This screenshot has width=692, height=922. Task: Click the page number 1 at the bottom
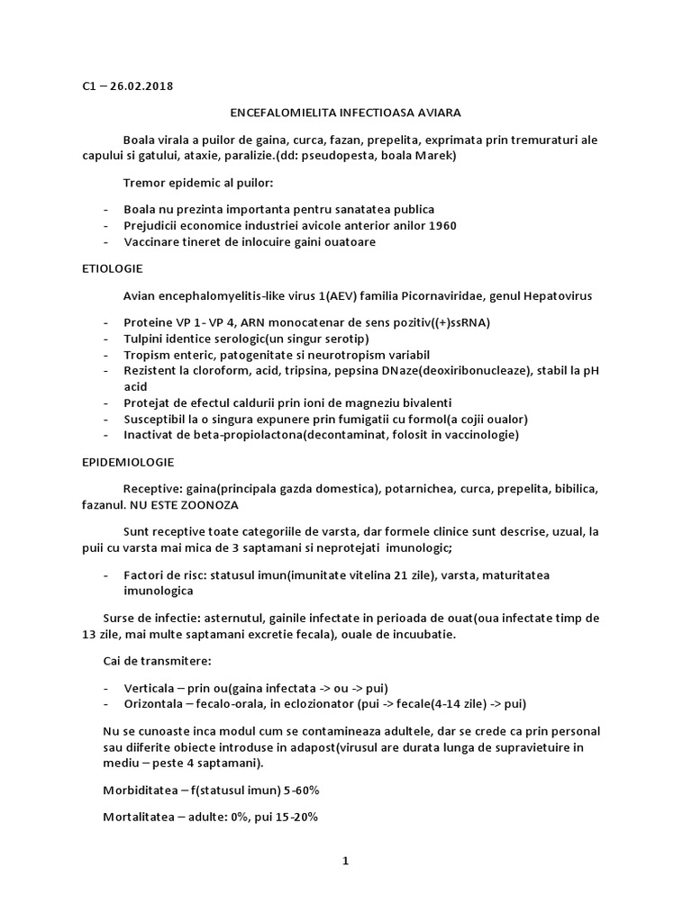pos(345,861)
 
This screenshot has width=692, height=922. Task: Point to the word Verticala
pos(152,687)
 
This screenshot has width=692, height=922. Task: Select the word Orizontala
pos(157,703)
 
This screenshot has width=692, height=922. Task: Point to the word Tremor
pos(144,183)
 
